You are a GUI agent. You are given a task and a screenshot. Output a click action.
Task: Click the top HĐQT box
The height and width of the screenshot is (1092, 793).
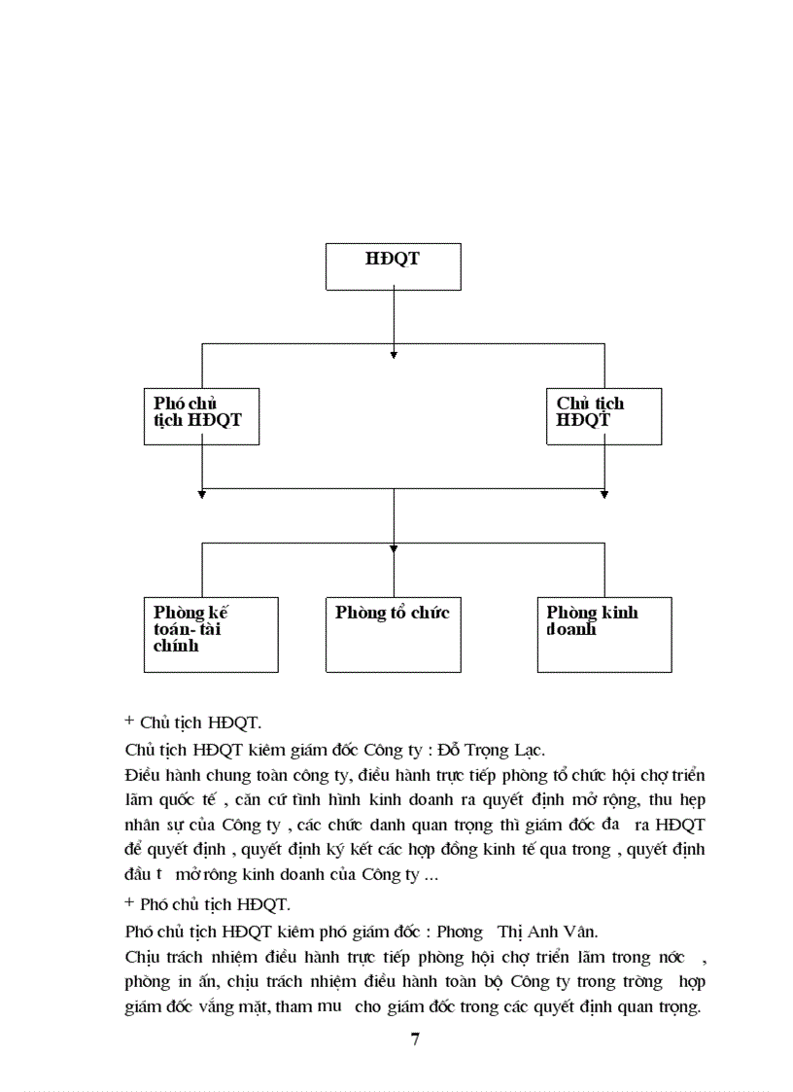393,266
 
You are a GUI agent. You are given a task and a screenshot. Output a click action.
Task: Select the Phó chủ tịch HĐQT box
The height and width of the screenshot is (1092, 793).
201,416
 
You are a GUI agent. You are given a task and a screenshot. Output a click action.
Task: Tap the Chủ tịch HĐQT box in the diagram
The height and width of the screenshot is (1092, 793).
603,416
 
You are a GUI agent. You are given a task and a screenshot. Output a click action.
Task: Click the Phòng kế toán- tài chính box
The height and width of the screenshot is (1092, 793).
211,634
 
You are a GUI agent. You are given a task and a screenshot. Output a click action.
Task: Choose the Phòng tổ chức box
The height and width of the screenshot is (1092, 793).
393,634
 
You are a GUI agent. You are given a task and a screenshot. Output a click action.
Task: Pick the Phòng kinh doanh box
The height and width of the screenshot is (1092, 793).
603,634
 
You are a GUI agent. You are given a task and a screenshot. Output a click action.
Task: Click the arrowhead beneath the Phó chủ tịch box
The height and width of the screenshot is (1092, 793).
202,495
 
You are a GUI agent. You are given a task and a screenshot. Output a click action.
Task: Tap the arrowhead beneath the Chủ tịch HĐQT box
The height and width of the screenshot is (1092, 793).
604,495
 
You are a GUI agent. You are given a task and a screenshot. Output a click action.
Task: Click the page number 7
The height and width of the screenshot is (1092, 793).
415,1039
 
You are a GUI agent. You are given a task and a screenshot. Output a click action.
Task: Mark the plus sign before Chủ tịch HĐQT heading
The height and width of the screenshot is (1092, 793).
129,722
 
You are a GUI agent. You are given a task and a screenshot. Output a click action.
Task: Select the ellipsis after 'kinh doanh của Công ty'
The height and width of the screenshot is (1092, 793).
431,875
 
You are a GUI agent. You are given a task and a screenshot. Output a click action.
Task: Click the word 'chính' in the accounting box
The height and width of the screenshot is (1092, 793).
176,645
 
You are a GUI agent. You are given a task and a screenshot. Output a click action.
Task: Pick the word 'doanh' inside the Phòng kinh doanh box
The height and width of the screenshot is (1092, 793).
571,629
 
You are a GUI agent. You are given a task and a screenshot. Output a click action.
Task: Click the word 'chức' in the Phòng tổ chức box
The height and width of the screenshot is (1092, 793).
430,613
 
